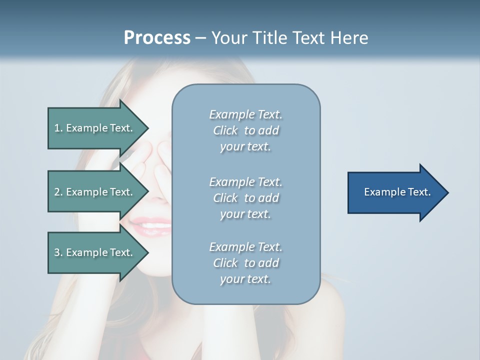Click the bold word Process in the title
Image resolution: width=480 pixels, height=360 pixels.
[157, 38]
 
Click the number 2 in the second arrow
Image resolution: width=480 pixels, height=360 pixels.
[57, 192]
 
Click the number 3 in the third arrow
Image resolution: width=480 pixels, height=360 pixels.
[57, 252]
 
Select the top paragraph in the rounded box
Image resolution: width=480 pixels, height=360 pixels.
[245, 130]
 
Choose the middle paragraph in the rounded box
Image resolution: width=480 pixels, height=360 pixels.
[245, 197]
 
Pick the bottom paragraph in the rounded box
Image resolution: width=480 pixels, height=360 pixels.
[245, 263]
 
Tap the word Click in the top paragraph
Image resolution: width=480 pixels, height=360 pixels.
[225, 131]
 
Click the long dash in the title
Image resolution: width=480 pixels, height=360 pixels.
[200, 38]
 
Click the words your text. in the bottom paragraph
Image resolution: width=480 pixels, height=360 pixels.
[245, 279]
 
